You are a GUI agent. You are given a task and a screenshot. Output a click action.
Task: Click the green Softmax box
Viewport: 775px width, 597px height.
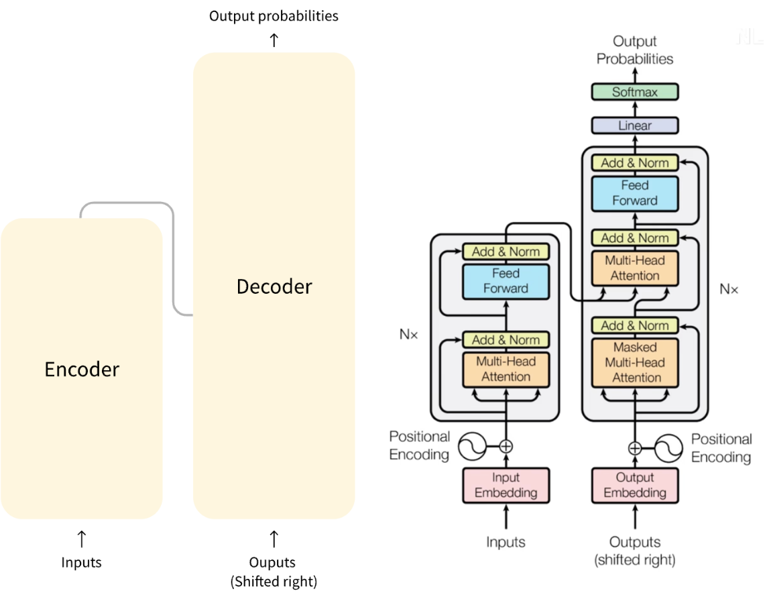click(x=634, y=92)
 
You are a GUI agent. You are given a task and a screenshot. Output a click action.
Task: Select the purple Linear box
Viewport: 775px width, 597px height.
click(x=634, y=125)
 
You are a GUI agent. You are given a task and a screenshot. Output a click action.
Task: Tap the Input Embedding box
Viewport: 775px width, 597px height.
click(x=505, y=485)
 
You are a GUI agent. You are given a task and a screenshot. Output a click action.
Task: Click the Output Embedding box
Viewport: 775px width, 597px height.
click(x=634, y=485)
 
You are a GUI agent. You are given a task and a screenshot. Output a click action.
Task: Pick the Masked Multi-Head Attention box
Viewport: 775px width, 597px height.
click(x=634, y=363)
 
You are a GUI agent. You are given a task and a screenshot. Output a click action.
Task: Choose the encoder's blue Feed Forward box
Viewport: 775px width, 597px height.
click(x=505, y=281)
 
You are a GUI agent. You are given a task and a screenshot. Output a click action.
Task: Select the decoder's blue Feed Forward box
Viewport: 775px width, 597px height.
click(x=634, y=193)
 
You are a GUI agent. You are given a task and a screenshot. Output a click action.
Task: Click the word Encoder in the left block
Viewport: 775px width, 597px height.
click(x=82, y=369)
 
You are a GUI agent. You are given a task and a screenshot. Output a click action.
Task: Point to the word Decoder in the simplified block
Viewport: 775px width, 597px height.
click(x=274, y=286)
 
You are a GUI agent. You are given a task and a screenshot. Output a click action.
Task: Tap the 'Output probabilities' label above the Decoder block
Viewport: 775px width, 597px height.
click(x=274, y=15)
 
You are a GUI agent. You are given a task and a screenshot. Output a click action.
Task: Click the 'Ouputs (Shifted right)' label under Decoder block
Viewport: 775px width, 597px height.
click(x=274, y=572)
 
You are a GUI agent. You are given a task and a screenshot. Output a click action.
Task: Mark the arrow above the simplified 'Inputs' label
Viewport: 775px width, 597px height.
click(x=82, y=538)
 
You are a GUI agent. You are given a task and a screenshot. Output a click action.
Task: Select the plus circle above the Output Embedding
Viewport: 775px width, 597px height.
click(x=634, y=448)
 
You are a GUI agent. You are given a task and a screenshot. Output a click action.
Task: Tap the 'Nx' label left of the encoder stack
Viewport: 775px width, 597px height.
click(x=408, y=333)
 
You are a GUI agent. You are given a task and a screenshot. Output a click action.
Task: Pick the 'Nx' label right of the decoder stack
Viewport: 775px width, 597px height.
click(x=729, y=289)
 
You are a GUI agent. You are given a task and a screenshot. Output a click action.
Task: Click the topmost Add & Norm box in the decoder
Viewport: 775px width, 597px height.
click(x=634, y=162)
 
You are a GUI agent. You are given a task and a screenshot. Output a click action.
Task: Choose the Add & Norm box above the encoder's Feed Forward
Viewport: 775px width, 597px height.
click(x=505, y=252)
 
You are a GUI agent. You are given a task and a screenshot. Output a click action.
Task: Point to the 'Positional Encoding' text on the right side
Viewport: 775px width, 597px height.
click(x=721, y=448)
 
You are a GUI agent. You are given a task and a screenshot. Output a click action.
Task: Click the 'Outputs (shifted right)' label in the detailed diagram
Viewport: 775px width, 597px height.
click(x=634, y=550)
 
